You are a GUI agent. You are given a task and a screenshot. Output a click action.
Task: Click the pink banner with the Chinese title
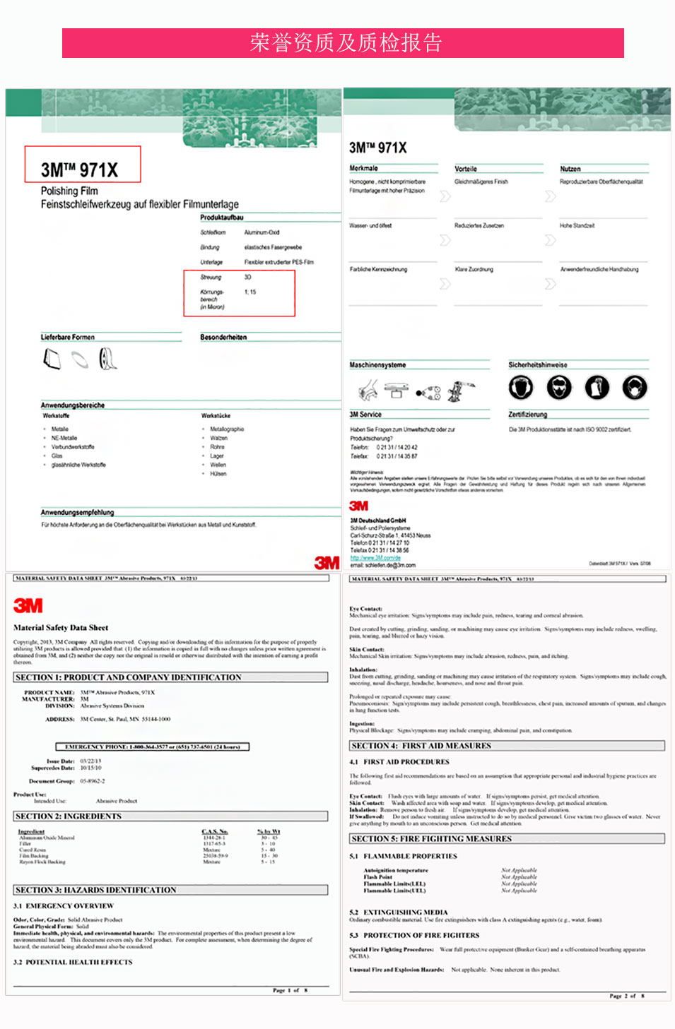point(343,43)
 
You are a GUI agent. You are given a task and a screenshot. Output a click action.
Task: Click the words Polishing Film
point(69,191)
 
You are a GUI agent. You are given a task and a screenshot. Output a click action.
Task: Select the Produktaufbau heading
point(221,218)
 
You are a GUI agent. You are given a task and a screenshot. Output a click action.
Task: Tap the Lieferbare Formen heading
point(67,337)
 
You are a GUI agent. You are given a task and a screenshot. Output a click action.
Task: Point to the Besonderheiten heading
point(223,337)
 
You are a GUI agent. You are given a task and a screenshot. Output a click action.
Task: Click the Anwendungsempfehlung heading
point(77,512)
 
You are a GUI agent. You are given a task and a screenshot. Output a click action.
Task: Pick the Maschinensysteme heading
point(377,365)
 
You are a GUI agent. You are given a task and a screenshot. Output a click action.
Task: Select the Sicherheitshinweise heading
point(537,365)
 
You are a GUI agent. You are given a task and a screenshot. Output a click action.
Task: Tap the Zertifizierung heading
point(527,415)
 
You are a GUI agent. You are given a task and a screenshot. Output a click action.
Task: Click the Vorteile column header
point(466,169)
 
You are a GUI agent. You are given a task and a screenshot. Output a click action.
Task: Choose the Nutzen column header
point(570,169)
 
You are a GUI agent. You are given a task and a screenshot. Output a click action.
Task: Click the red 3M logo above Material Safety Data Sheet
point(28,605)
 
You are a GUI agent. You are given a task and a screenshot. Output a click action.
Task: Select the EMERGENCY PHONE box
point(153,747)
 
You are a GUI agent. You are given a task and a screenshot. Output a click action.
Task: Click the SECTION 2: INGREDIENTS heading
point(69,816)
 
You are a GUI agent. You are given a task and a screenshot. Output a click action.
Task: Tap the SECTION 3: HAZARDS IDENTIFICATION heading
point(95,890)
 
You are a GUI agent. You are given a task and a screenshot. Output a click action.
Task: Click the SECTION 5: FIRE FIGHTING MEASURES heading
point(431,838)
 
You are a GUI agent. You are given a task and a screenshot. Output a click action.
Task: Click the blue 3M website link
point(375,558)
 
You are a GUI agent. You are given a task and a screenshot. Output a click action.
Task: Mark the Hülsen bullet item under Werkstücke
point(218,474)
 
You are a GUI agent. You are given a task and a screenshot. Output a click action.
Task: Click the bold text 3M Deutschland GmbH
point(378,521)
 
